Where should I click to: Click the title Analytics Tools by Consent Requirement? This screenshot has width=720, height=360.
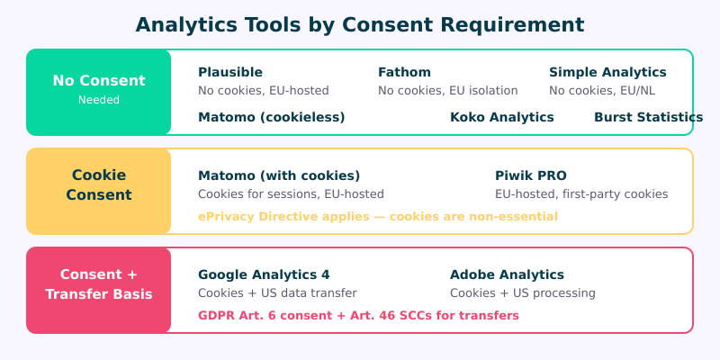pos(360,24)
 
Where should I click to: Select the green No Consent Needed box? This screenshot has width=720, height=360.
pos(99,92)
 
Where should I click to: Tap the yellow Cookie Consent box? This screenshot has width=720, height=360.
pos(99,191)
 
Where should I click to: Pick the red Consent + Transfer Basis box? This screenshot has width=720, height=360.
pos(99,290)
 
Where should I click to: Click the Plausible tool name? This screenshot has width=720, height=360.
pos(230,72)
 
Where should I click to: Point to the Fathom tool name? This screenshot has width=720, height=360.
pos(404,72)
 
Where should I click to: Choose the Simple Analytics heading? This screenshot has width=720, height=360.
pos(607,72)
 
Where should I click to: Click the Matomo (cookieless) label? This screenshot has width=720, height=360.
pos(271,117)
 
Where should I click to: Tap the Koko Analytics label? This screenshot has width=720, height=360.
pos(502,117)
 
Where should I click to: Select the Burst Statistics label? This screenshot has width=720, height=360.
pos(648,117)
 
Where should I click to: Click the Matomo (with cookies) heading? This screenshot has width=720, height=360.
pos(279,175)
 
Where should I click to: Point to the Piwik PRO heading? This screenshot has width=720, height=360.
pos(531,175)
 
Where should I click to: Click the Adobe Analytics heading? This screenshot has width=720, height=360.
pos(507,274)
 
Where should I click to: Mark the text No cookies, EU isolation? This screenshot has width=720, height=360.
pos(447,91)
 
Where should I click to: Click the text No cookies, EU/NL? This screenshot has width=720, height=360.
pos(601,91)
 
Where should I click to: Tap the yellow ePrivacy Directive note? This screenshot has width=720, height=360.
pos(377,216)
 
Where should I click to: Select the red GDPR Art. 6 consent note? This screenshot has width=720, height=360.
pos(358,315)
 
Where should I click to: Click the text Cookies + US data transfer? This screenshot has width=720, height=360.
pos(277,293)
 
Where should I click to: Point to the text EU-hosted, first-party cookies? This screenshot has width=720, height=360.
pos(581,194)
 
